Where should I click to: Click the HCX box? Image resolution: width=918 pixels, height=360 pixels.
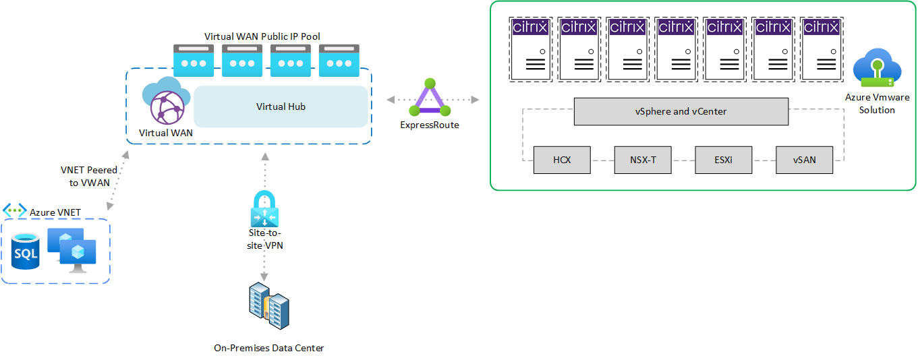562,160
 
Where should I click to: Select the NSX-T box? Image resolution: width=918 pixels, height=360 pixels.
643,160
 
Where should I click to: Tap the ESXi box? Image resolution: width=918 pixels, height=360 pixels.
724,160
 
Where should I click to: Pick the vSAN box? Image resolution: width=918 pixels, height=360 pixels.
804,160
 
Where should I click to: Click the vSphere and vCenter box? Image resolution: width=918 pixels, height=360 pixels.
681,111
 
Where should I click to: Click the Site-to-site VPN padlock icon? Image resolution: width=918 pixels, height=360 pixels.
264,210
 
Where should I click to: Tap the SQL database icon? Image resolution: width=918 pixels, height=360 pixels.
26,251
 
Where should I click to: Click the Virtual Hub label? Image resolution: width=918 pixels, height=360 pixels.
281,107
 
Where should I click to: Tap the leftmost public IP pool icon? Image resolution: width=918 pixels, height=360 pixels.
194,61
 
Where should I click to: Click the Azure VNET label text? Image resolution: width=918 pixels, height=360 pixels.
55,212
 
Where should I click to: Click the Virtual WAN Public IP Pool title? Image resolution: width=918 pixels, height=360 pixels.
262,35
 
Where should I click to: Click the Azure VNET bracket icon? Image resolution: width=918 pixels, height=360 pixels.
14,211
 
